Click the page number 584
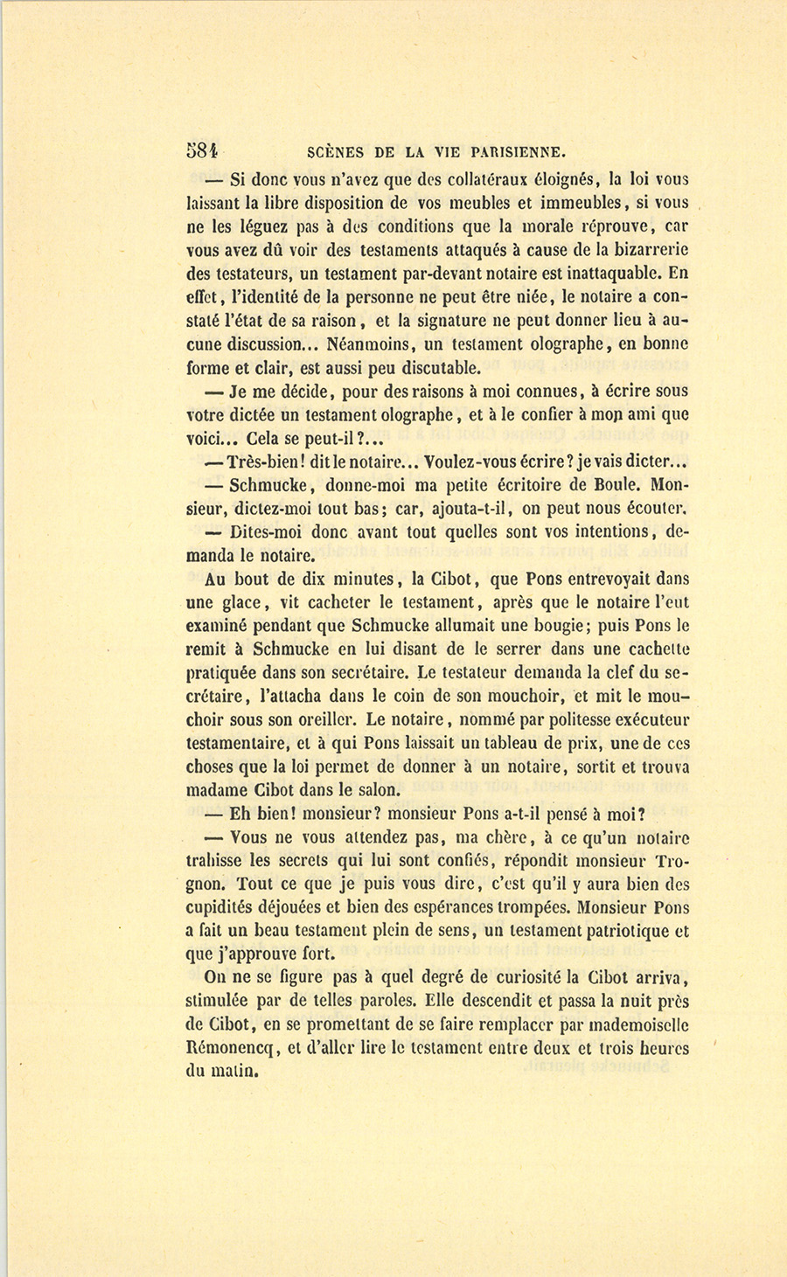[x=202, y=149]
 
